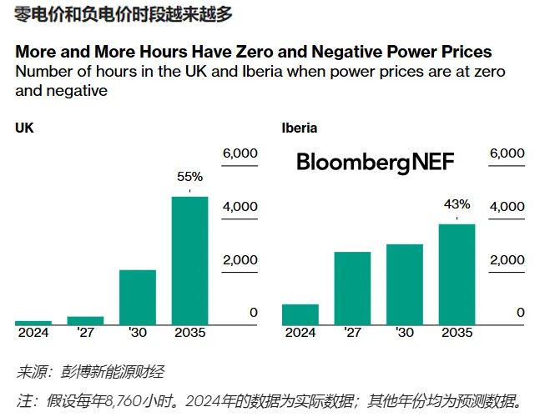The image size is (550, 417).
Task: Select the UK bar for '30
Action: coord(138,297)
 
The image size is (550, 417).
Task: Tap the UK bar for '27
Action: coord(85,320)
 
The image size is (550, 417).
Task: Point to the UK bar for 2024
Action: coord(33,323)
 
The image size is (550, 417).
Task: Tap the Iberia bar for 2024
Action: coord(300,314)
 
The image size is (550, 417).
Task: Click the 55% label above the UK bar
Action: coord(189,177)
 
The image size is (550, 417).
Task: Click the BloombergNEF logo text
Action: coord(376,163)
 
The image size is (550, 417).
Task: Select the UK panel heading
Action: coord(24,128)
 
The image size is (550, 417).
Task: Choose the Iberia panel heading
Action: coord(300,128)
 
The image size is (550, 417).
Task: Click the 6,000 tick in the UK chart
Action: coord(240,153)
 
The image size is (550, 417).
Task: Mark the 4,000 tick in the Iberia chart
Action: coord(507,206)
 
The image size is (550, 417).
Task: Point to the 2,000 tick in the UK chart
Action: coord(240,259)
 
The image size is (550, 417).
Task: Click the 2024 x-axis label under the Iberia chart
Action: coord(300,333)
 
